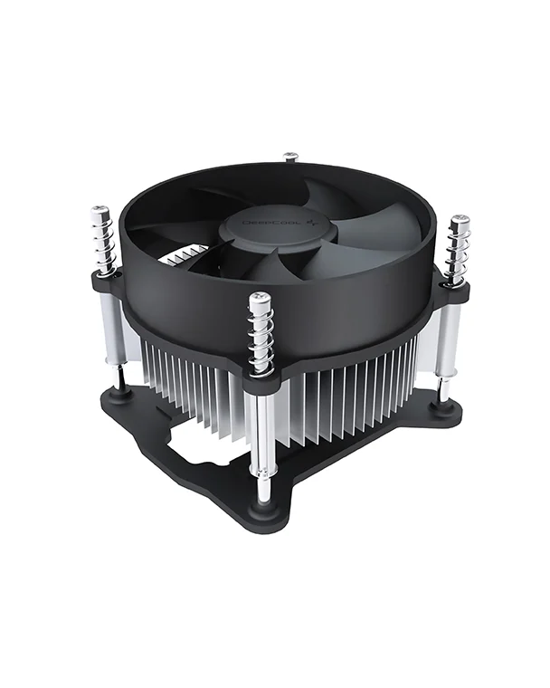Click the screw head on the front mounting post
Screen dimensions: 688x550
point(260,298)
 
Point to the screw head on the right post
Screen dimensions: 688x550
point(460,220)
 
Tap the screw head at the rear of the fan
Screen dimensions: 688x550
point(290,157)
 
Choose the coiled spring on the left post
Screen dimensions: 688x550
point(102,242)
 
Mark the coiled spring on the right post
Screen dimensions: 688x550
point(459,251)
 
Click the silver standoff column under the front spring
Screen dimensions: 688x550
point(263,435)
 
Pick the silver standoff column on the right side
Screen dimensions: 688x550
point(446,339)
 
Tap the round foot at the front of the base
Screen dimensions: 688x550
point(263,508)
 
